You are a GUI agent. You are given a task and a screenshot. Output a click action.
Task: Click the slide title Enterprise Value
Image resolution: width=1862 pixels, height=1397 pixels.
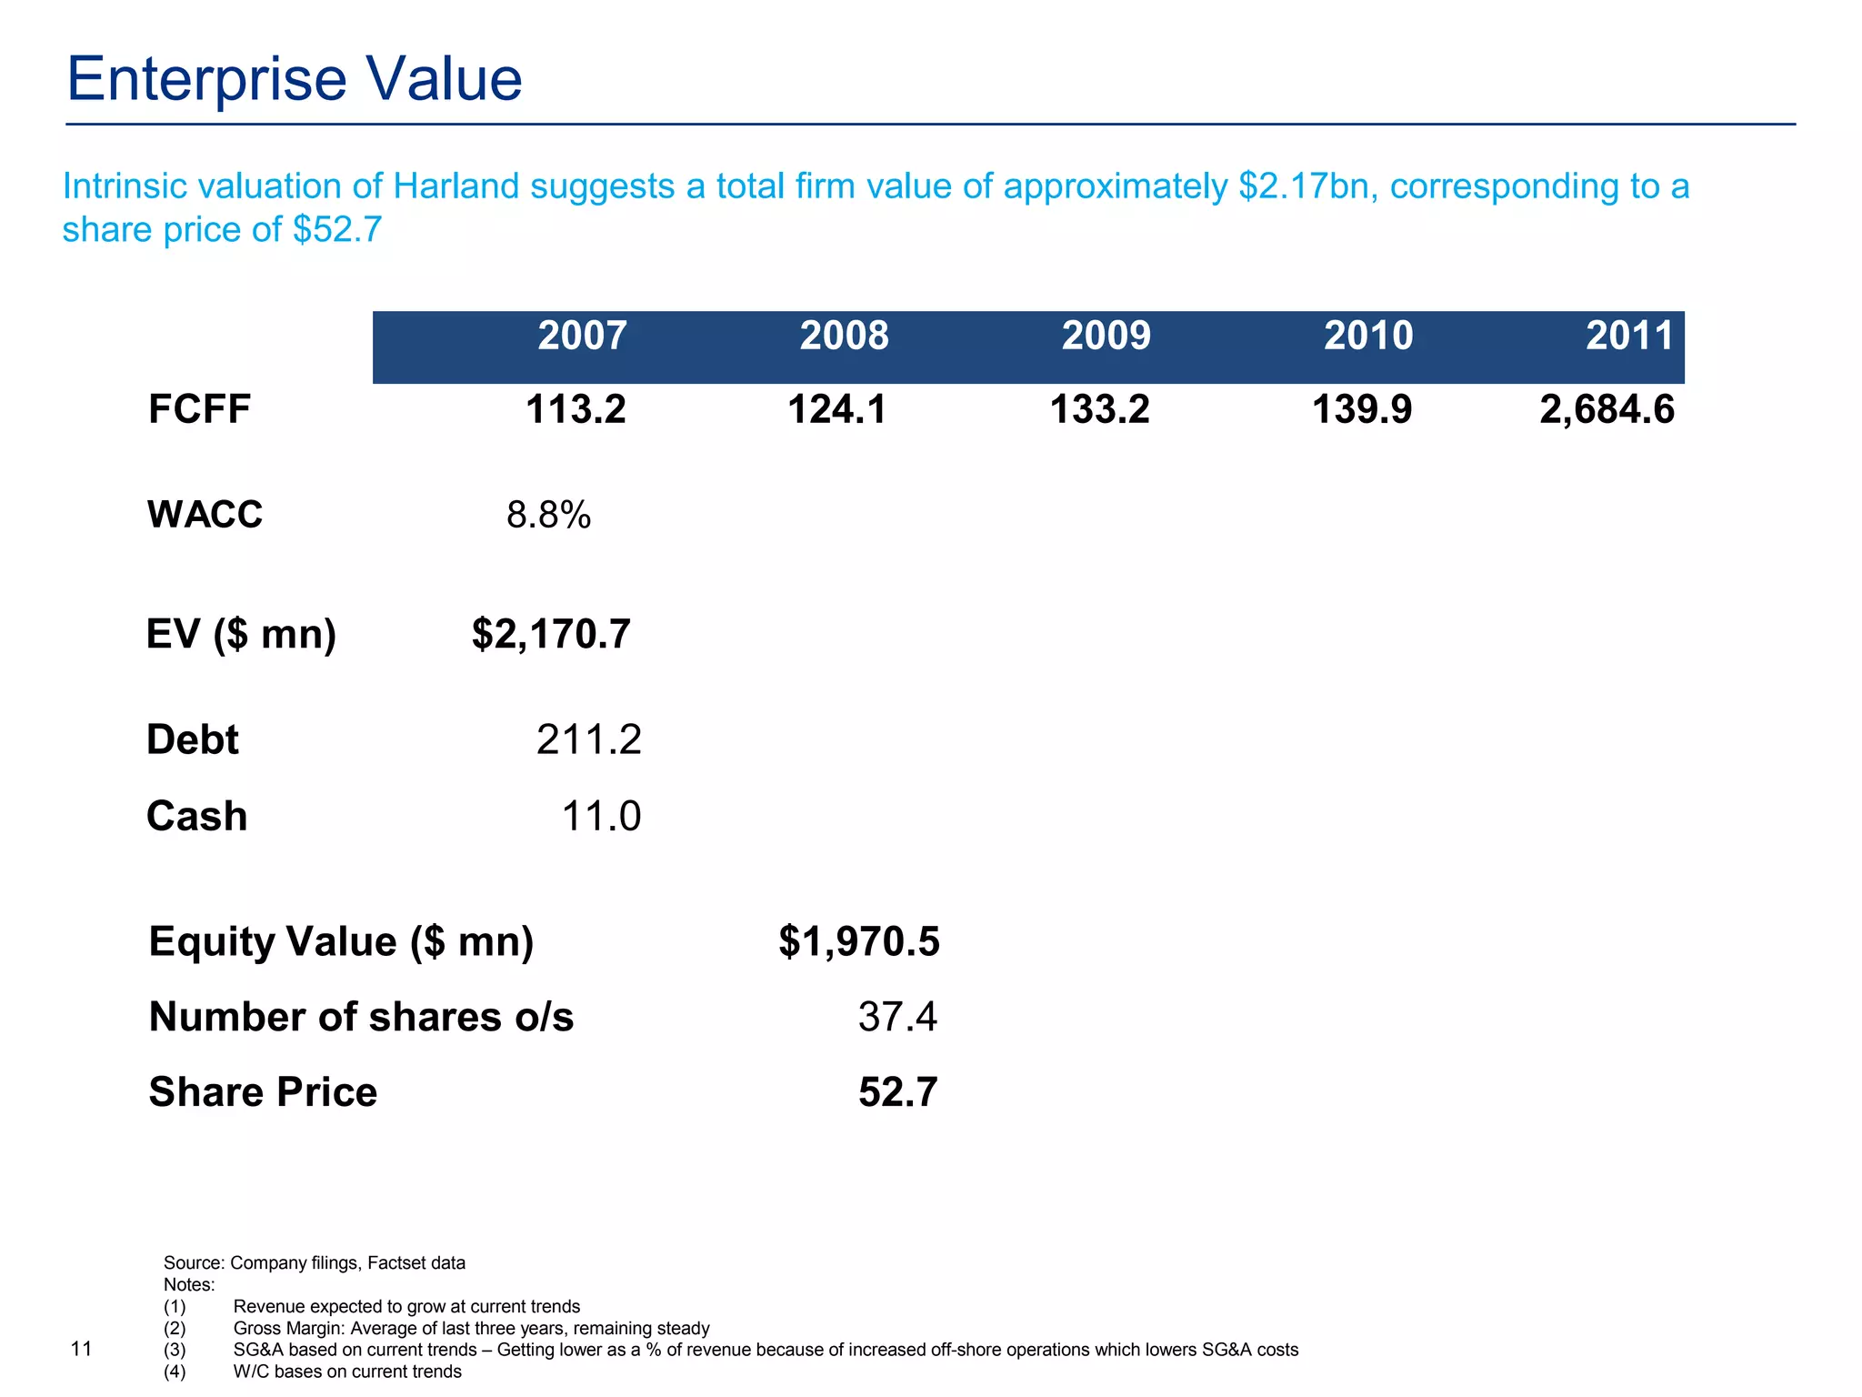pos(295,80)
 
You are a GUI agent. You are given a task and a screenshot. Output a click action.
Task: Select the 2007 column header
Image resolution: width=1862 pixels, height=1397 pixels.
pos(582,336)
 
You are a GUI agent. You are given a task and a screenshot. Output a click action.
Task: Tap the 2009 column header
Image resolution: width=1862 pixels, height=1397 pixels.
pos(1106,336)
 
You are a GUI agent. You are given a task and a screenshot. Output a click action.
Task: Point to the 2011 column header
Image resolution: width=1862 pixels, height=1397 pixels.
pos(1629,336)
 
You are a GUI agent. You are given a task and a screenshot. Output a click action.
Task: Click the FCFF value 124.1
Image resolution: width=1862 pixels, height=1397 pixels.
pos(836,409)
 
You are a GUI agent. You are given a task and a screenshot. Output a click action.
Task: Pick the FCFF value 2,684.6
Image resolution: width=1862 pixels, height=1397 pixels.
pos(1607,409)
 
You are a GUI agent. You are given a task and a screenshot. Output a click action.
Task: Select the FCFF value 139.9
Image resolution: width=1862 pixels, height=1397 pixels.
pos(1362,409)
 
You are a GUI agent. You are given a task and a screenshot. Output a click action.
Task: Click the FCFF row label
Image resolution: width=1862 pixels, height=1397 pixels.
pos(199,409)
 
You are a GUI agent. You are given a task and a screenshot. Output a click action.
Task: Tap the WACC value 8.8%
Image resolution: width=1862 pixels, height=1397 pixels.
pos(548,516)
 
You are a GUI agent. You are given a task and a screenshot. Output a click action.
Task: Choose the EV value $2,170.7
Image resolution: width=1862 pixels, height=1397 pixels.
pos(551,634)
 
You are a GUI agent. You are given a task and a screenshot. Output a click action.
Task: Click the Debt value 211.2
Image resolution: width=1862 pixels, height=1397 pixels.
pos(588,739)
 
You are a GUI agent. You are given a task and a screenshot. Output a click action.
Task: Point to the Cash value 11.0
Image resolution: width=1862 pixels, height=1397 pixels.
pos(601,816)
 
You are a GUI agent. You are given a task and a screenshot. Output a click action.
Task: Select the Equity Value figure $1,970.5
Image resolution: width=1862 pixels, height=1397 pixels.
pos(859,941)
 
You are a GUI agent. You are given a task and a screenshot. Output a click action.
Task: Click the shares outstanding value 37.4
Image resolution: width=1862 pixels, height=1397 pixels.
pos(897,1017)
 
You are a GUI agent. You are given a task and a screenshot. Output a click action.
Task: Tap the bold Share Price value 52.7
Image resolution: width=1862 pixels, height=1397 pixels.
pos(897,1092)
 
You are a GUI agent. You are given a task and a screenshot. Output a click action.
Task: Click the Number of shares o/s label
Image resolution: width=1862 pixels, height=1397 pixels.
pos(361,1017)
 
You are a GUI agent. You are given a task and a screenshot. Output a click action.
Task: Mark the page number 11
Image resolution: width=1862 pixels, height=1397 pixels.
pos(81,1349)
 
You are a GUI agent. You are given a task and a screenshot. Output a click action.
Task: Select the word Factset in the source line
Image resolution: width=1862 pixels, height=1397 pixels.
pos(395,1263)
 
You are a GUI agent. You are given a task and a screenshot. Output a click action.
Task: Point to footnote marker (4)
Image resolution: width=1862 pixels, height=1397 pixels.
pos(175,1372)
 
